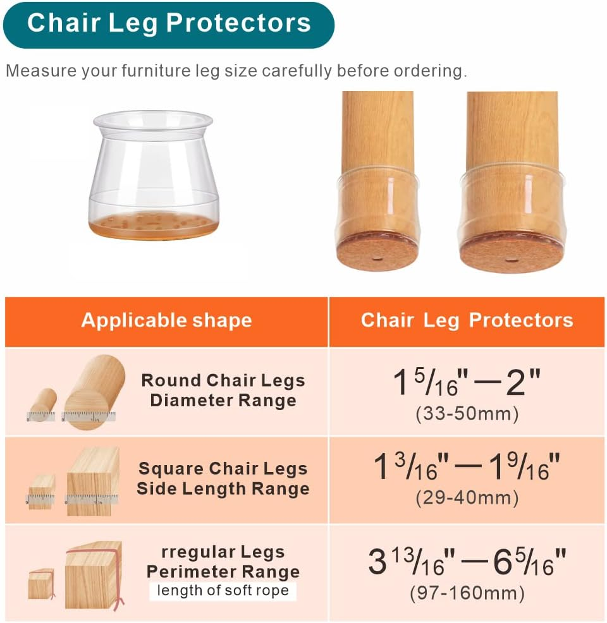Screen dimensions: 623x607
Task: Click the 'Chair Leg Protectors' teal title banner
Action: tap(168, 24)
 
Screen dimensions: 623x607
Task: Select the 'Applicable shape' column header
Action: tap(166, 320)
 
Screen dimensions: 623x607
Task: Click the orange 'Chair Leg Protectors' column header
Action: tap(467, 320)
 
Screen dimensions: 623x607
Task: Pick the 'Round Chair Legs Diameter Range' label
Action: tap(223, 390)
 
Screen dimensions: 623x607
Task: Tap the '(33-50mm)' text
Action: tap(467, 414)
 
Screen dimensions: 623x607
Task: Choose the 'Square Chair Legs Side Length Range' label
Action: tap(223, 479)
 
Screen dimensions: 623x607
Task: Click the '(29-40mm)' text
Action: tap(467, 498)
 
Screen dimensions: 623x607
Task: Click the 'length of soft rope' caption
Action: tap(223, 591)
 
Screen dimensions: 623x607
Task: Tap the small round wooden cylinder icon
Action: tap(43, 404)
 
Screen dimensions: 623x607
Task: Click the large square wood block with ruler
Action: tap(93, 481)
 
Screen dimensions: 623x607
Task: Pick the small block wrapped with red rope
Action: tap(41, 585)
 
